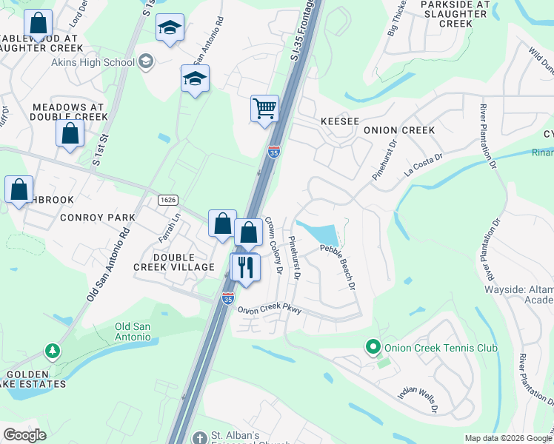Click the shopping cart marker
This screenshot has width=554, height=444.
(264, 109)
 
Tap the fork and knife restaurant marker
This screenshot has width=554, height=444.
(245, 266)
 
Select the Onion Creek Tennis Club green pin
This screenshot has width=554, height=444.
(373, 346)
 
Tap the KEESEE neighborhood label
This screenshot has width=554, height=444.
(340, 121)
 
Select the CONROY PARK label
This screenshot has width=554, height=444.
(98, 218)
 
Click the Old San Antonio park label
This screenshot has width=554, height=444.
(133, 332)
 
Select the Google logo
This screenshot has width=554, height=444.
(24, 435)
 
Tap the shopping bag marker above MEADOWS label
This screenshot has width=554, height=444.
(70, 134)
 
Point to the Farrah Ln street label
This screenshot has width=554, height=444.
(169, 228)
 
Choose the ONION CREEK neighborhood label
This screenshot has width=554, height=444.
(398, 130)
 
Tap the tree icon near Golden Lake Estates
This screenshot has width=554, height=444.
(52, 349)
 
